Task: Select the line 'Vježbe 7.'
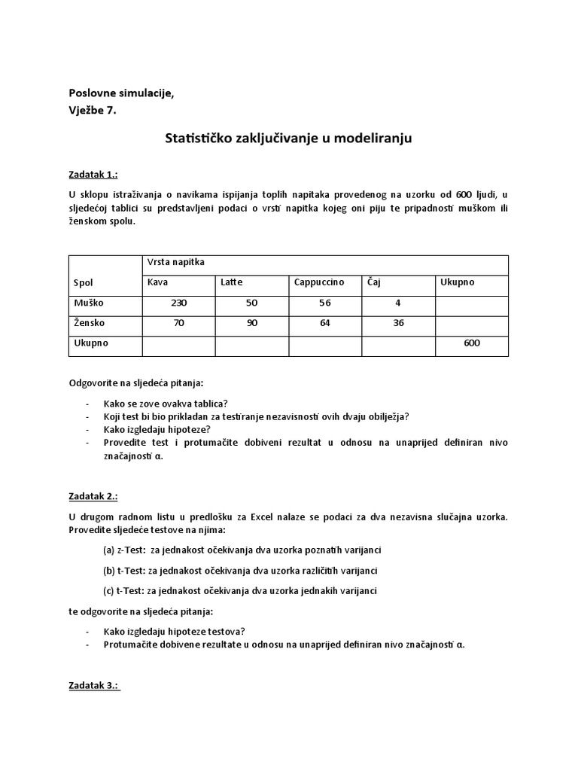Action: click(93, 111)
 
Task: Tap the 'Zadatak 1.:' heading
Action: click(93, 174)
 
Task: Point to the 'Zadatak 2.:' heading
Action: click(93, 497)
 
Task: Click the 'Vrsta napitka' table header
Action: click(175, 262)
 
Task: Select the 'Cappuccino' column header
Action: click(319, 282)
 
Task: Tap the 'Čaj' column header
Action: click(374, 282)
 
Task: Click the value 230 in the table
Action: click(178, 303)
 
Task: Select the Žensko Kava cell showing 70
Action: click(178, 323)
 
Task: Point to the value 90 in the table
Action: click(251, 323)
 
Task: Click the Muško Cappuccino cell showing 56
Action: click(324, 303)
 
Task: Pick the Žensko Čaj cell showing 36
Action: click(397, 323)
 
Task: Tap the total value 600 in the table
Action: click(471, 343)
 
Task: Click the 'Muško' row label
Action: click(89, 303)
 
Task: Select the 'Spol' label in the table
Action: click(84, 283)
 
